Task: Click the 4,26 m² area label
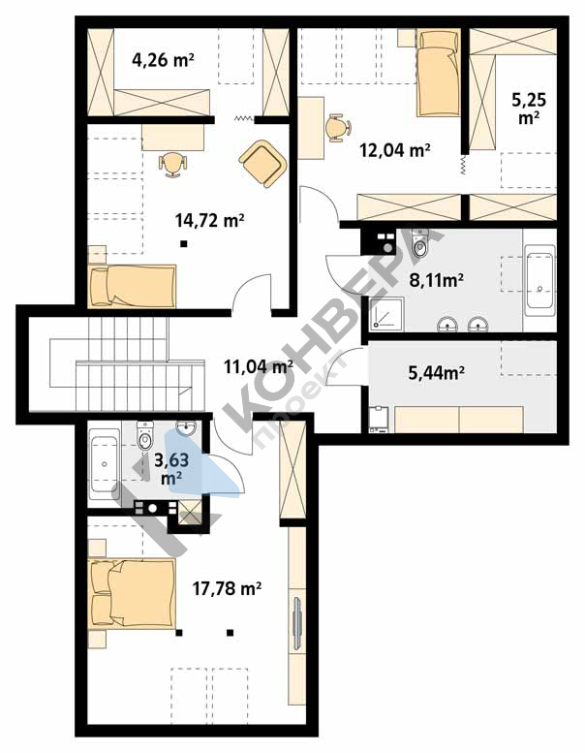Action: click(x=163, y=60)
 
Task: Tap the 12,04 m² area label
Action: click(x=394, y=150)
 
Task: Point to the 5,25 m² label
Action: click(x=529, y=108)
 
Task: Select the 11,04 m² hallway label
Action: click(x=259, y=367)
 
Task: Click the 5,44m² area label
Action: click(x=436, y=372)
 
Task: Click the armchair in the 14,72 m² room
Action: click(x=263, y=163)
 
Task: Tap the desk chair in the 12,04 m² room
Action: click(x=338, y=128)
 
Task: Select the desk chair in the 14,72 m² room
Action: click(x=172, y=164)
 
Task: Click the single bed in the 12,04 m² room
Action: click(x=438, y=72)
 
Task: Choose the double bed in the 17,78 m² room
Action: click(x=132, y=593)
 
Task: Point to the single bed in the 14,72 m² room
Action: click(x=132, y=286)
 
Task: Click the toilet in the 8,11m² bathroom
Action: click(x=420, y=243)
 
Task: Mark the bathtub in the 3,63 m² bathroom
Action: click(x=105, y=464)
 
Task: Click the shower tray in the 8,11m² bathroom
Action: click(x=386, y=314)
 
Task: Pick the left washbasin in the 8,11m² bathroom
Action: click(x=447, y=325)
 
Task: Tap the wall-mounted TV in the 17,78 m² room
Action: click(x=296, y=623)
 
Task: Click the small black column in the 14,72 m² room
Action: click(x=183, y=244)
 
